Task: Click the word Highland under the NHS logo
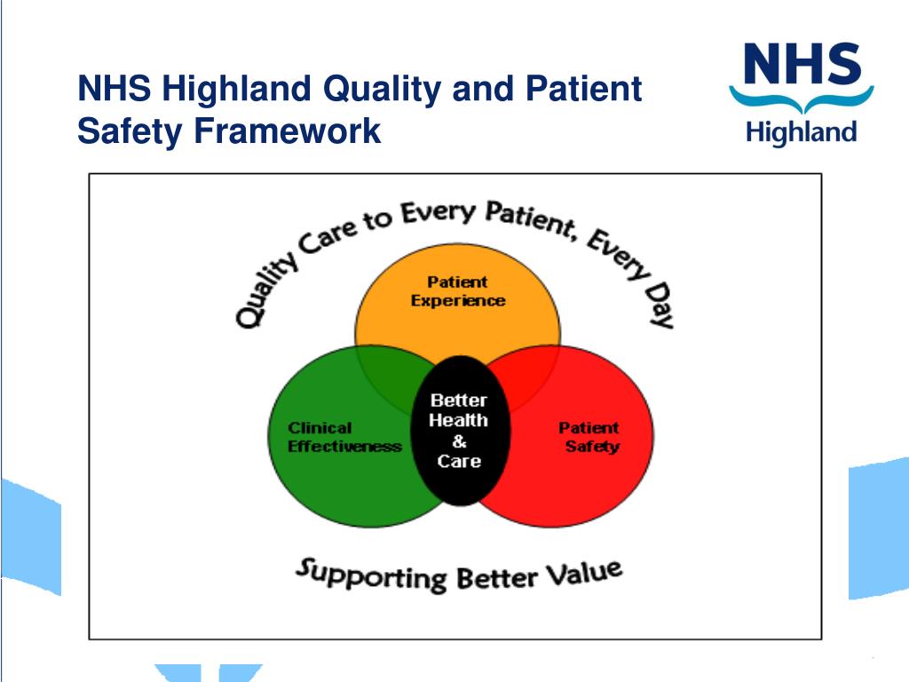[802, 133]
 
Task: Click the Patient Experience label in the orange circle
[457, 291]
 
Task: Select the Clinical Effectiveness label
[344, 438]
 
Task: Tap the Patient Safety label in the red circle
[589, 437]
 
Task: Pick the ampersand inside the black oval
[459, 441]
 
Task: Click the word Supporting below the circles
[370, 575]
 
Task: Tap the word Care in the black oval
[459, 461]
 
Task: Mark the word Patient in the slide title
[583, 90]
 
